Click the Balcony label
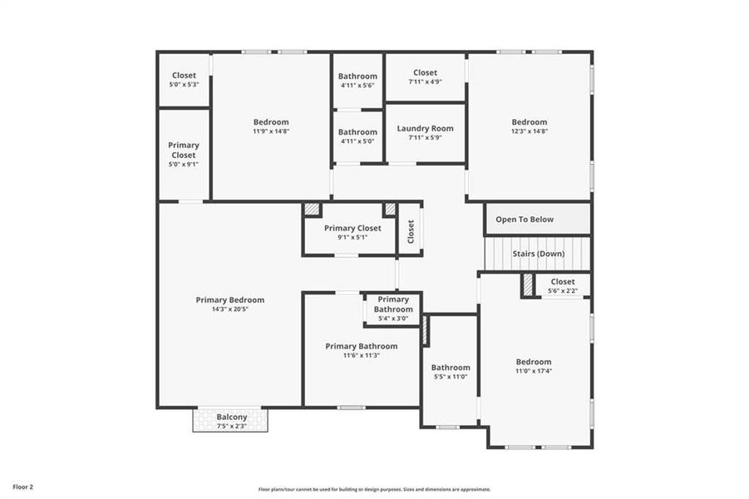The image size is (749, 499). tap(232, 417)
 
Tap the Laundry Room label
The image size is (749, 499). tap(425, 128)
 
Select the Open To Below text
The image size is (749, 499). tap(524, 220)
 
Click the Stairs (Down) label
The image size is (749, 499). tap(538, 253)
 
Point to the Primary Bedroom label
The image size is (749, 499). tap(230, 299)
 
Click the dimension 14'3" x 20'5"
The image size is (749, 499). tap(230, 309)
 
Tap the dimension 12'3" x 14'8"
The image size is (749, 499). tap(530, 131)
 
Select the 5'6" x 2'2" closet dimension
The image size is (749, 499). tap(562, 291)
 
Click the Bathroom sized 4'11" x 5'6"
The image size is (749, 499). tap(357, 77)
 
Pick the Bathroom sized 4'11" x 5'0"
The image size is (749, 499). tap(357, 131)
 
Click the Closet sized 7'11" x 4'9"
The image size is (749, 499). tap(425, 72)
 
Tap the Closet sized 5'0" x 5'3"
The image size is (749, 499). tap(184, 75)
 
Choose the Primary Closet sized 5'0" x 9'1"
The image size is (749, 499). tap(184, 150)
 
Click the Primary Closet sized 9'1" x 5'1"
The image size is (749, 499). tap(352, 228)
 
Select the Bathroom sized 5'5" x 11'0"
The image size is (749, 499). tap(451, 367)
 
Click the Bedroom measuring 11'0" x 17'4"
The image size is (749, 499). tap(533, 362)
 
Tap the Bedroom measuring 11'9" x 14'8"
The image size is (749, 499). tap(271, 122)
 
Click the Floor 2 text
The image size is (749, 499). tap(23, 487)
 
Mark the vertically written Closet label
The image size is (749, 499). tap(411, 230)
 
